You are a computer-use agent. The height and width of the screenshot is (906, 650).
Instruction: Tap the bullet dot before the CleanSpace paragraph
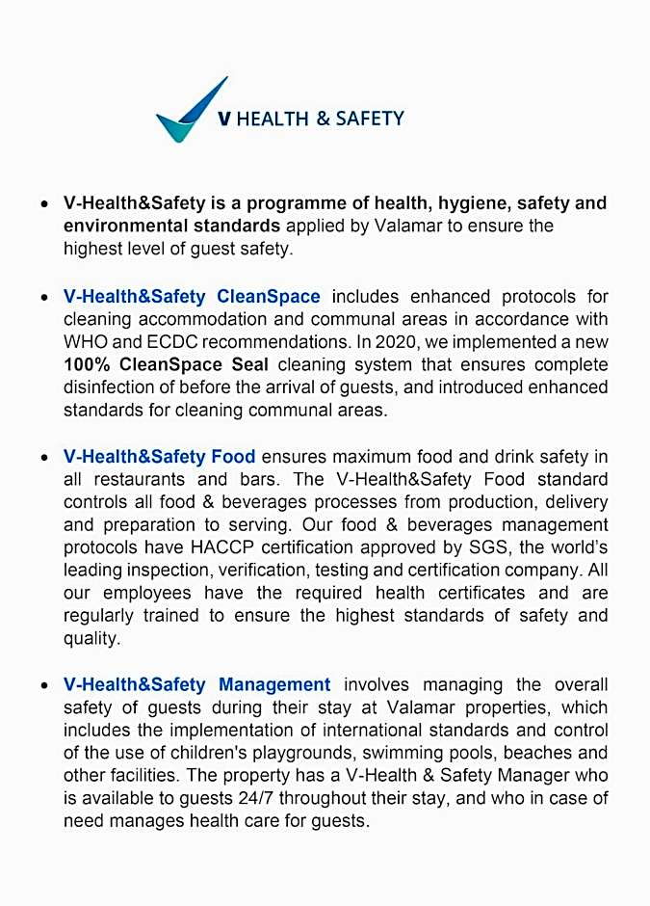tap(45, 298)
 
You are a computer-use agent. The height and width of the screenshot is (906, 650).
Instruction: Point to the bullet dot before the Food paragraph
tap(45, 458)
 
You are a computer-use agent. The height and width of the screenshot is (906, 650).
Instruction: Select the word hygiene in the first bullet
tap(474, 203)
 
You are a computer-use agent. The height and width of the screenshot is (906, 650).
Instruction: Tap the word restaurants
tap(142, 479)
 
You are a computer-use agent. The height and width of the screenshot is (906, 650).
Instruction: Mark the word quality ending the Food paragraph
tap(91, 638)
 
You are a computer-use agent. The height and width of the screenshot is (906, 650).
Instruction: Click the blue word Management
tap(274, 684)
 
